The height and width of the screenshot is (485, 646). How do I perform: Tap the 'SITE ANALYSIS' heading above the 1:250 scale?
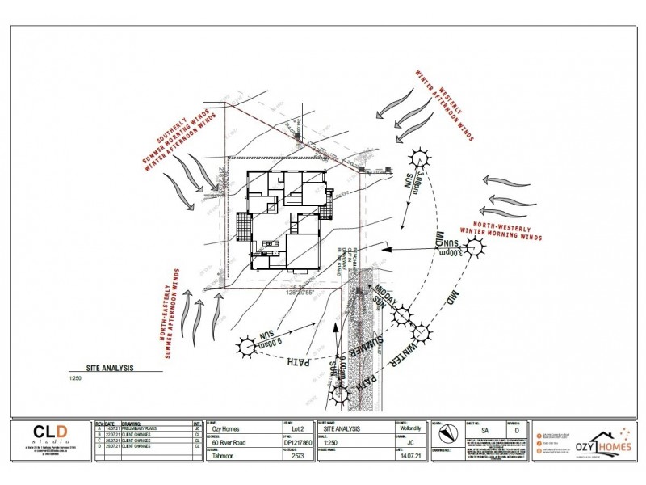pos(110,367)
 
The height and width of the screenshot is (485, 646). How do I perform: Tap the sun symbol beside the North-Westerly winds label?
pos(477,251)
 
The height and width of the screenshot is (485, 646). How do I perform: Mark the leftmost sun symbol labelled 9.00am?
pos(245,348)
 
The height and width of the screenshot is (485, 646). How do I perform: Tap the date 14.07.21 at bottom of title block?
pos(407,456)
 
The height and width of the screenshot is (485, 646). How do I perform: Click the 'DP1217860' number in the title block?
pos(297,443)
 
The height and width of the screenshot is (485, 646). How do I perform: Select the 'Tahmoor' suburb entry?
pos(227,456)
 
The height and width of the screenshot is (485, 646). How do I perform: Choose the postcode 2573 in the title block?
pos(297,456)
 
